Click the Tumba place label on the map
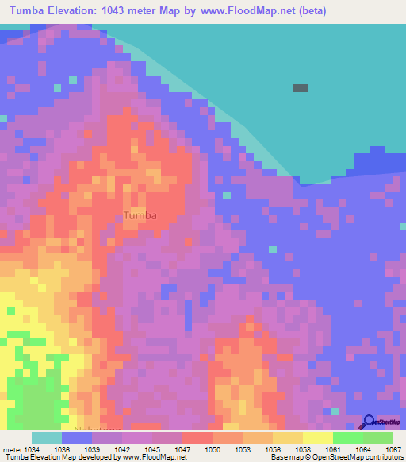(x=140, y=215)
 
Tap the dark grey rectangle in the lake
(x=300, y=88)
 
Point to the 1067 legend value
(x=393, y=449)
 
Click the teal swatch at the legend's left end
(x=47, y=437)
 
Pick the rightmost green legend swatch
(x=378, y=437)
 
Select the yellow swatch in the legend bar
(x=317, y=437)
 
